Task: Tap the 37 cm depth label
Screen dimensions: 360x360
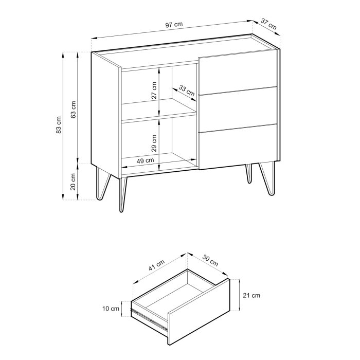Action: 268,24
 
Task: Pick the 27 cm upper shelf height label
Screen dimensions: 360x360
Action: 154,92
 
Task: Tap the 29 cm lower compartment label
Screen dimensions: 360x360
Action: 154,143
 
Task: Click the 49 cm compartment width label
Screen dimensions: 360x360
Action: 145,160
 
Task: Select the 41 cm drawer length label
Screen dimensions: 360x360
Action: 157,269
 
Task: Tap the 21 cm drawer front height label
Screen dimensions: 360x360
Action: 252,295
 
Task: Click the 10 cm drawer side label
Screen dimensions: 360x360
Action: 111,309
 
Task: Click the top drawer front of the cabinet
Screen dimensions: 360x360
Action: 238,74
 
